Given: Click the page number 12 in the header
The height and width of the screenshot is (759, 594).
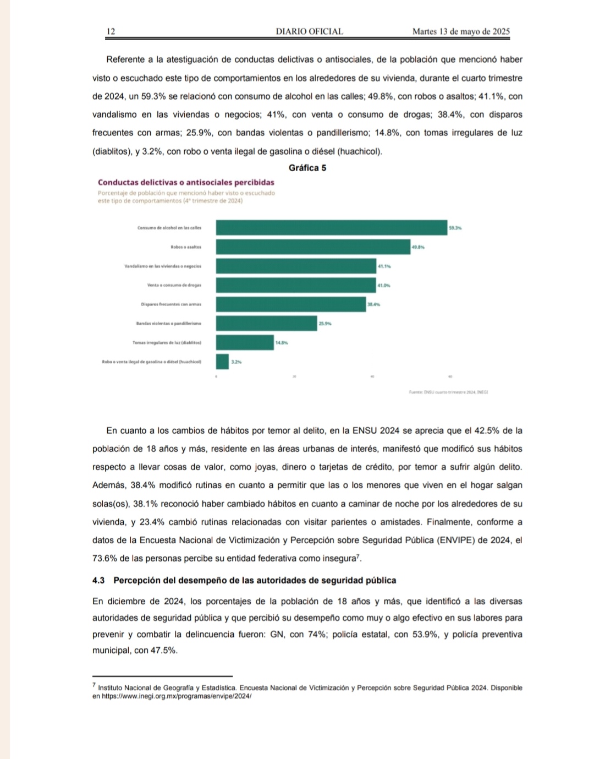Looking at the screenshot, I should coord(111,32).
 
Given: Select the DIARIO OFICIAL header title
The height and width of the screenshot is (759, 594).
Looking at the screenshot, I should coord(309,32).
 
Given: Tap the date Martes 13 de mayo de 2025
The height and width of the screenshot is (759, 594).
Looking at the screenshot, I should coord(461,32).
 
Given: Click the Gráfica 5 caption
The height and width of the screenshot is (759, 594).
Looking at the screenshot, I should coord(307,168).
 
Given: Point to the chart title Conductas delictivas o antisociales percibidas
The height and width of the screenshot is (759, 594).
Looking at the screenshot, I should coord(186,183).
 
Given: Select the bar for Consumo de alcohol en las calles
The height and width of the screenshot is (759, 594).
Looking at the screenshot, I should coord(331,228).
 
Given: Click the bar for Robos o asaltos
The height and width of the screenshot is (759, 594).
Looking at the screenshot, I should coord(313,247).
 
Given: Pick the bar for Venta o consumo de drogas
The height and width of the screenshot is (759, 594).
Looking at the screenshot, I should coord(295,285).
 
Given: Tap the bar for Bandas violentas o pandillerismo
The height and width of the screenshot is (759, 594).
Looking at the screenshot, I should coord(266,324).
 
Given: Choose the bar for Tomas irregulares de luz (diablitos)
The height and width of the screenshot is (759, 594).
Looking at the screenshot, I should coord(245,342).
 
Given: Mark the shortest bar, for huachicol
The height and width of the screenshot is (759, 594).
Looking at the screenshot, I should coord(222,362).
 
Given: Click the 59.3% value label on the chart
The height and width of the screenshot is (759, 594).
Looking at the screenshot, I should coord(455,228).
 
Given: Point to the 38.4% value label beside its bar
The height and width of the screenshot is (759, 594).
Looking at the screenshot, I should coord(373,304).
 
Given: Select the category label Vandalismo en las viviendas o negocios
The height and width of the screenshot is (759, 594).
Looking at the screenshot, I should coord(163,266).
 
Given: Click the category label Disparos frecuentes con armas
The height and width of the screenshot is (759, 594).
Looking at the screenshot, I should coord(171,304).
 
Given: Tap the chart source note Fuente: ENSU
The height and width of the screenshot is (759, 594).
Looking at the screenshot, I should coord(448,392).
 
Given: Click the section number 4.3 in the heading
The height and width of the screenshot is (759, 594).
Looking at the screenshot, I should coord(98,581).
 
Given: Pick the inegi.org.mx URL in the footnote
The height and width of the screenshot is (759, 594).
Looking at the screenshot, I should coord(177,696).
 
